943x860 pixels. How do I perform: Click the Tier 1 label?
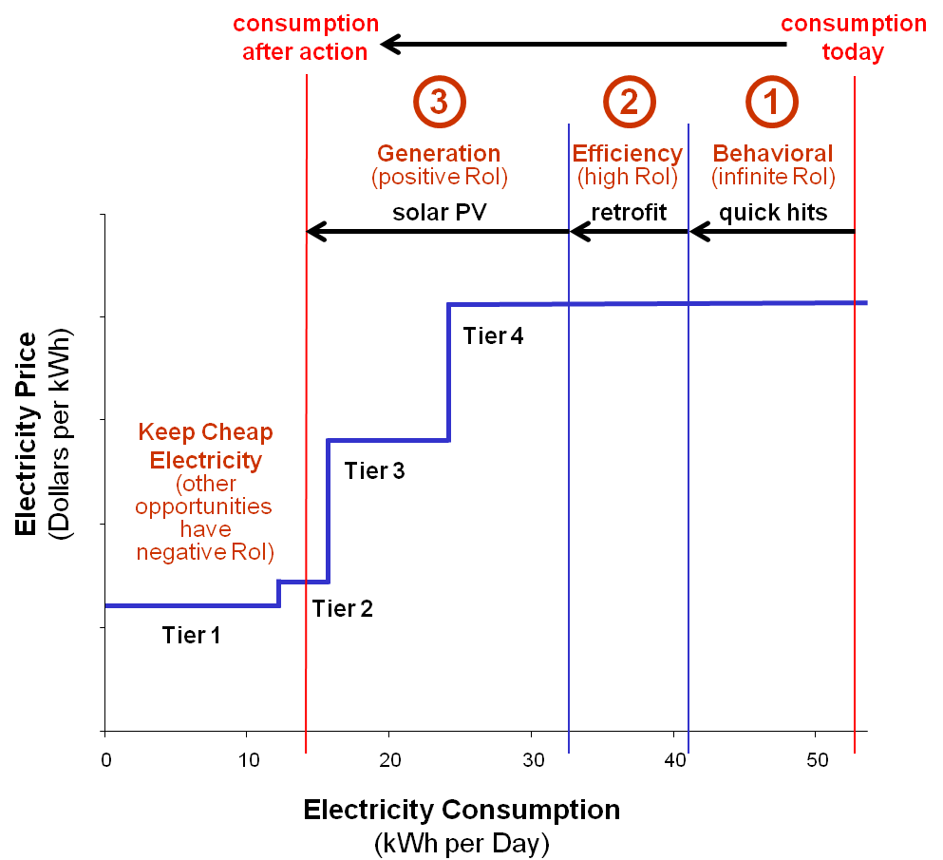pyautogui.click(x=191, y=635)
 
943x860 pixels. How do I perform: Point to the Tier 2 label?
pyautogui.click(x=343, y=608)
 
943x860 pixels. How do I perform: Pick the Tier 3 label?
pyautogui.click(x=374, y=470)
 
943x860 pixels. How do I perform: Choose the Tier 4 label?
pyautogui.click(x=493, y=335)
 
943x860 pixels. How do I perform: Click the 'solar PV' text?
pyautogui.click(x=440, y=212)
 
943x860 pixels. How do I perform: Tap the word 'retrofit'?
pyautogui.click(x=629, y=212)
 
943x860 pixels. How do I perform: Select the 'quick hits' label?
pyautogui.click(x=773, y=212)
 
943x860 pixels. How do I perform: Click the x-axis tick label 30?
pyautogui.click(x=531, y=759)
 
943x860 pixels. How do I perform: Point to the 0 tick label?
pyautogui.click(x=105, y=759)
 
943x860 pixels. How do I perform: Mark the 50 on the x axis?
pyautogui.click(x=816, y=759)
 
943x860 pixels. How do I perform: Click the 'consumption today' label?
pyautogui.click(x=853, y=38)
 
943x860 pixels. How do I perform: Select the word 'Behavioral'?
pyautogui.click(x=772, y=153)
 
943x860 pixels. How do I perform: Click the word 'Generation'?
pyautogui.click(x=439, y=153)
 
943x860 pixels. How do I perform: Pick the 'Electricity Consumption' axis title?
pyautogui.click(x=462, y=811)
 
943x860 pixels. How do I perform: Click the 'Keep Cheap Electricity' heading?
pyautogui.click(x=205, y=446)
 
